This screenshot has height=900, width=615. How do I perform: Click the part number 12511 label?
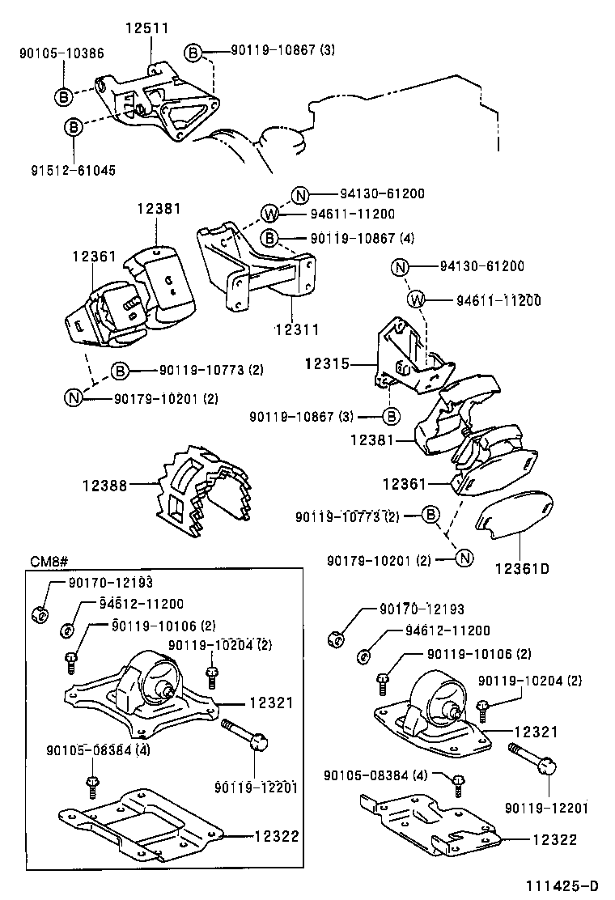pyautogui.click(x=146, y=28)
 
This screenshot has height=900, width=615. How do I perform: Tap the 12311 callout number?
pyautogui.click(x=296, y=330)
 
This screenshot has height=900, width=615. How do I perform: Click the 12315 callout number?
pyautogui.click(x=326, y=364)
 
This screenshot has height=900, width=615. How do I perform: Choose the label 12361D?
pyautogui.click(x=522, y=568)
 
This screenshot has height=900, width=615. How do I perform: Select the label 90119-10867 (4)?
pyautogui.click(x=351, y=239)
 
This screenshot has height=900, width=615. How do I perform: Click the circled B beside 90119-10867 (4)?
pyautogui.click(x=270, y=239)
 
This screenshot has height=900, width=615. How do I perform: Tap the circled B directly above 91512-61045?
pyautogui.click(x=74, y=127)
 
